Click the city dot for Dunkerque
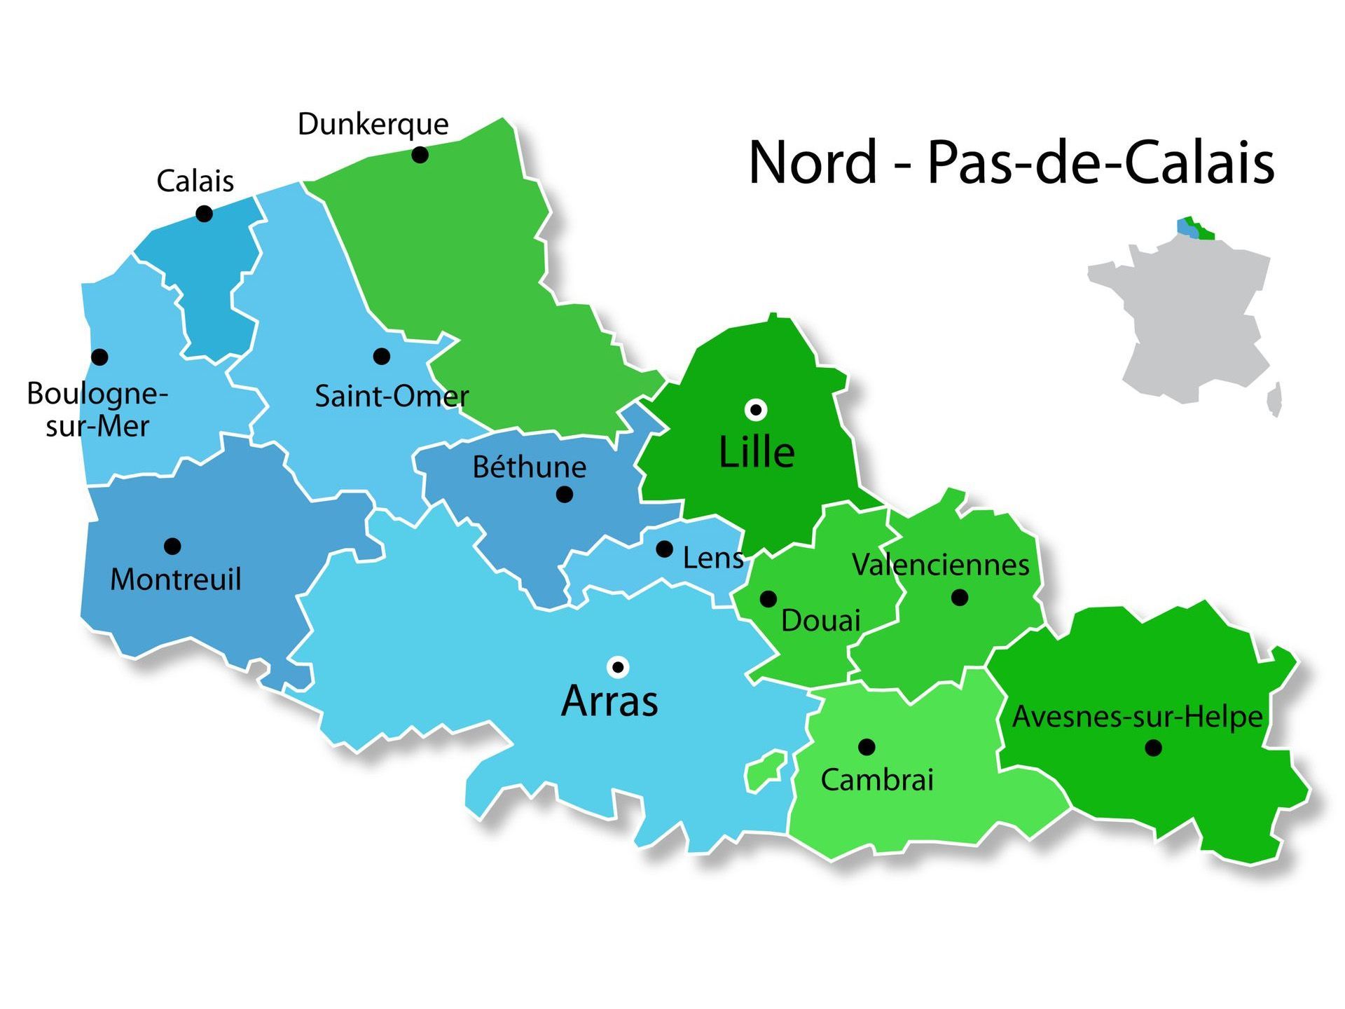[x=420, y=155]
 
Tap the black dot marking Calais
[x=204, y=214]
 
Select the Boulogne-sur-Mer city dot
[x=100, y=357]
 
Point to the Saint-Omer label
[x=391, y=397]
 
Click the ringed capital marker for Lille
[x=756, y=409]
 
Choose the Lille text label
[x=757, y=453]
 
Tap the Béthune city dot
[x=565, y=495]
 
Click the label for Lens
[x=713, y=558]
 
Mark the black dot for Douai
[x=768, y=599]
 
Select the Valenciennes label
[x=941, y=565]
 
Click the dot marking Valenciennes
[x=960, y=598]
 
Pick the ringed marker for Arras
[x=618, y=666]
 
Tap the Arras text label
[x=609, y=701]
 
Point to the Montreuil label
[x=176, y=579]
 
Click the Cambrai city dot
[x=867, y=747]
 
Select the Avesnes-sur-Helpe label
[x=1137, y=717]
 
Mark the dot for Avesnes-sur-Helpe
[x=1153, y=748]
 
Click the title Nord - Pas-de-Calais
[x=1011, y=163]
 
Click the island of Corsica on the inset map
[x=1275, y=399]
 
